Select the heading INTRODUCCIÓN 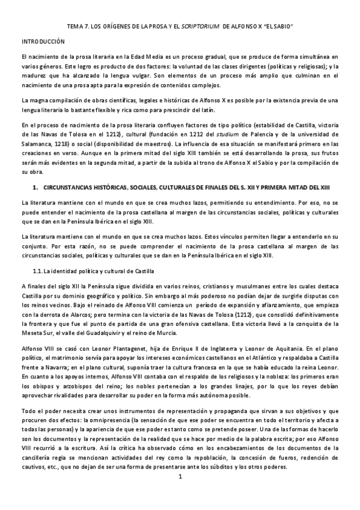(43, 41)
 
